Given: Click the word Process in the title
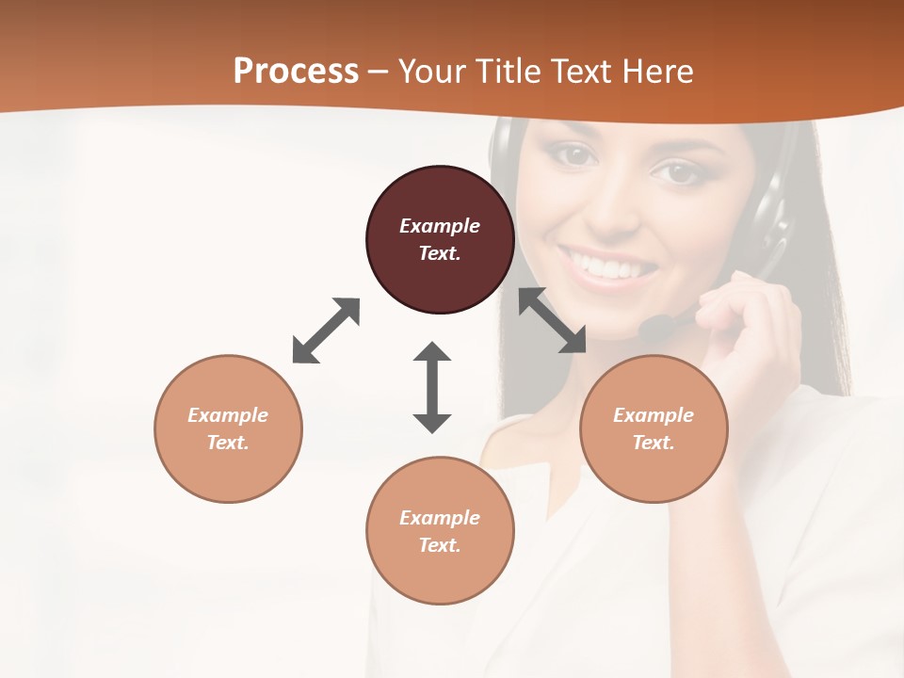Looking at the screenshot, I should pos(296,72).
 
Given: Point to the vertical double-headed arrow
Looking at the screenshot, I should pos(432,387).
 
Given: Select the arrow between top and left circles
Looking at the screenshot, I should pos(326,331).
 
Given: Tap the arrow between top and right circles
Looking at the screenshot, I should pos(552,320).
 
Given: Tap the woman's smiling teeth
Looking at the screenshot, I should pos(608,266).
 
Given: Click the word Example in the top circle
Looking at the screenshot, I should pos(440,226).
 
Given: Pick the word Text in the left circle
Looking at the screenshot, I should pos(228,443).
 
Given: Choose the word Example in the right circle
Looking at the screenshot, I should pos(654,415).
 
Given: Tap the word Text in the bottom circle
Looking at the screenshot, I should pos(440,545).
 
